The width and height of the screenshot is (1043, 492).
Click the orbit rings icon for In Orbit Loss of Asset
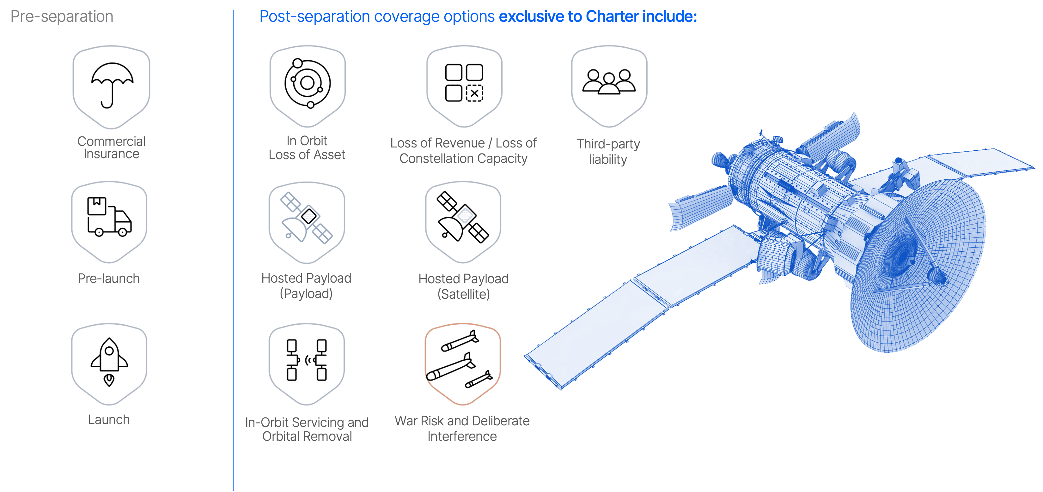307,83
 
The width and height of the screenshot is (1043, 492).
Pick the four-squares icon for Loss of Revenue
464,83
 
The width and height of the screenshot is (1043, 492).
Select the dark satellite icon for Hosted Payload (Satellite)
463,217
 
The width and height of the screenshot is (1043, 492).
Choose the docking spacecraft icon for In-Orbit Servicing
307,360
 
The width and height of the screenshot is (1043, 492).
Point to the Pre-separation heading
62,17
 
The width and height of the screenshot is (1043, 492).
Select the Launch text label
109,420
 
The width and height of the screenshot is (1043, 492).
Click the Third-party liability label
608,151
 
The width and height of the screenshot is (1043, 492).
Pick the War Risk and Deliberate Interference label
462,428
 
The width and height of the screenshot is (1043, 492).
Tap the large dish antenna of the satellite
919,267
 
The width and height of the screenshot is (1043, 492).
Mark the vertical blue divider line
233,251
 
